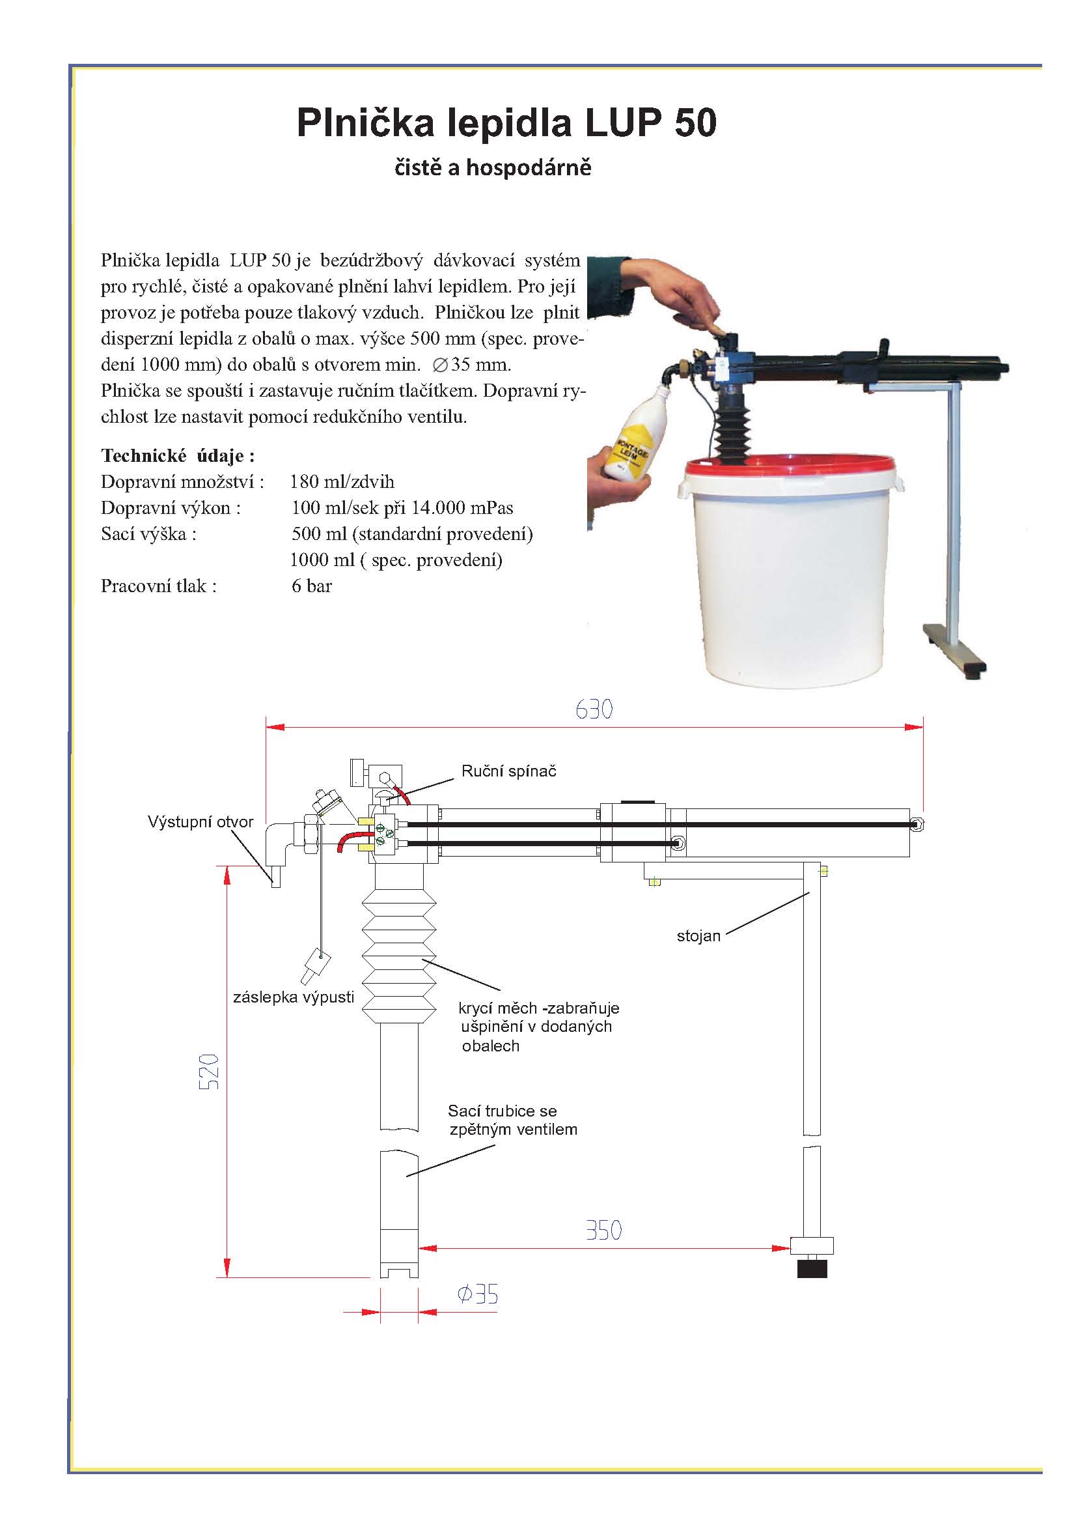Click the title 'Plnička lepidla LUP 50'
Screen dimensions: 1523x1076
click(506, 122)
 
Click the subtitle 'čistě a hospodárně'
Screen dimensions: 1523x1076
click(493, 167)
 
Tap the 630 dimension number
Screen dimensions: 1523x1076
click(594, 710)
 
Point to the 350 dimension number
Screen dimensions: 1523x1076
click(603, 1231)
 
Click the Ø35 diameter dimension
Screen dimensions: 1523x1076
click(478, 1294)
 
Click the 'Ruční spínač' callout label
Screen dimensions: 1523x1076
click(508, 771)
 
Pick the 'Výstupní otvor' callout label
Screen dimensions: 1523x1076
click(200, 822)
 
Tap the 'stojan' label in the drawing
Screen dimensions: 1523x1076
click(698, 936)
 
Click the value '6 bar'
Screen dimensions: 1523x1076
click(312, 586)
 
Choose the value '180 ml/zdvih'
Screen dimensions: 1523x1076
click(342, 481)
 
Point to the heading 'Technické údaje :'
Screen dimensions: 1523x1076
click(178, 456)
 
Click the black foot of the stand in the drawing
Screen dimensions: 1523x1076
click(812, 1269)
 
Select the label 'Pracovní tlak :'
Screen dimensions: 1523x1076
click(158, 586)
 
